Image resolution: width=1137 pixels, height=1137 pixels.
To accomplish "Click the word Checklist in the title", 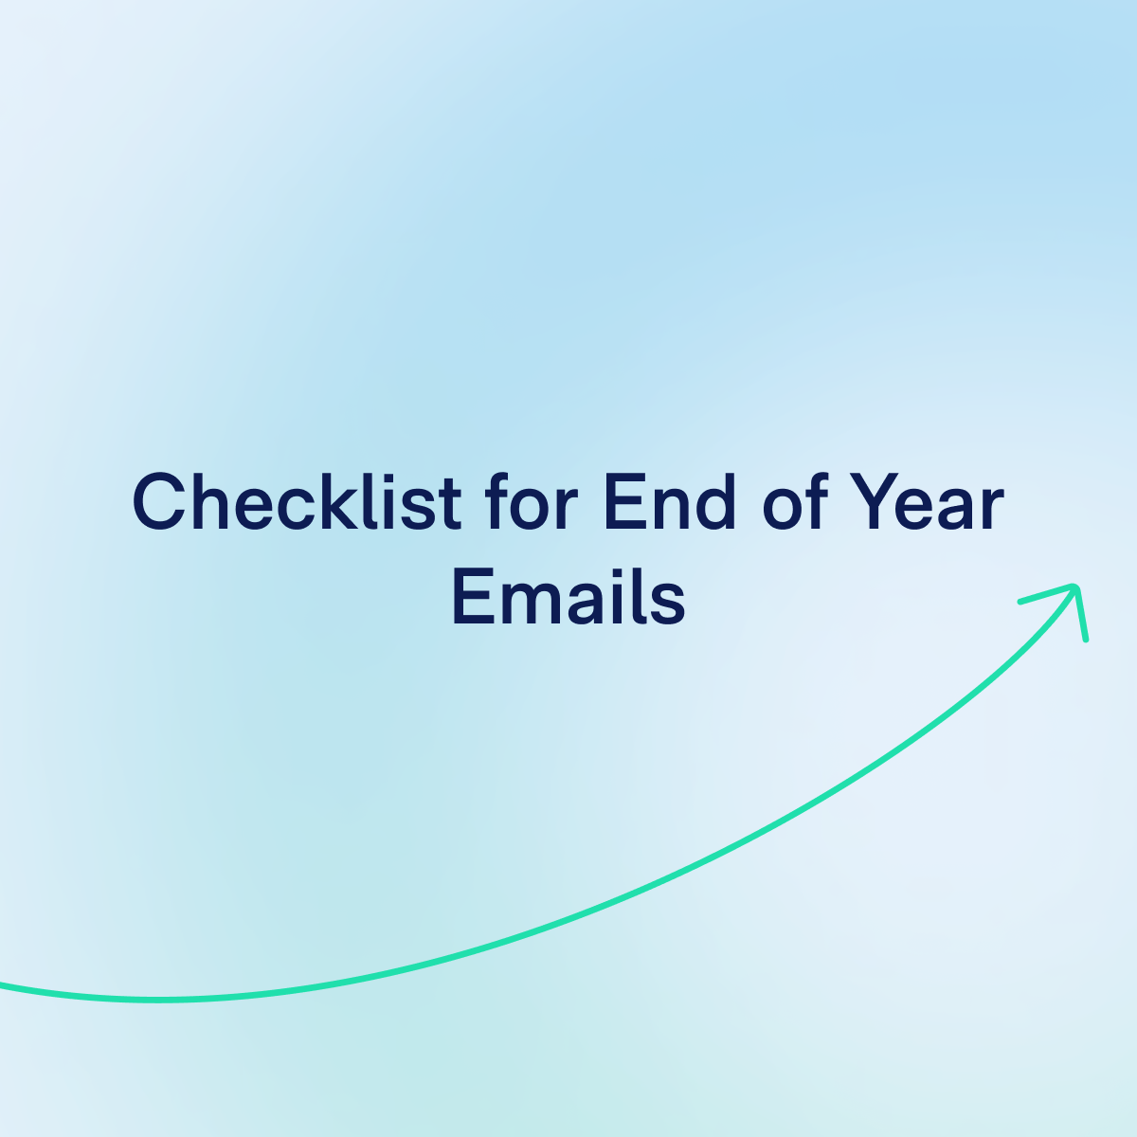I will tap(297, 502).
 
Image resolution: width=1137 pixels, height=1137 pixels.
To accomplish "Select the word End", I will tap(669, 502).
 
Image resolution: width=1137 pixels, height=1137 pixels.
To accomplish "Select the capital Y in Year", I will tap(872, 502).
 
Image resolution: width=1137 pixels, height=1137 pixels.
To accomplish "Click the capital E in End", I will tap(622, 502).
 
